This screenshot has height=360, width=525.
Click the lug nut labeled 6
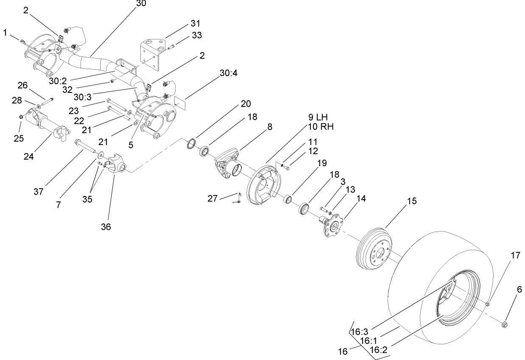click(x=505, y=324)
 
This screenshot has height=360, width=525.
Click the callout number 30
click(x=140, y=3)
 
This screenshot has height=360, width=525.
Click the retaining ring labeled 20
click(x=191, y=144)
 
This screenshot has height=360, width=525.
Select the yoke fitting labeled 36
click(x=117, y=165)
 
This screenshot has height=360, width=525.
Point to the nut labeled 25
click(x=21, y=117)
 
